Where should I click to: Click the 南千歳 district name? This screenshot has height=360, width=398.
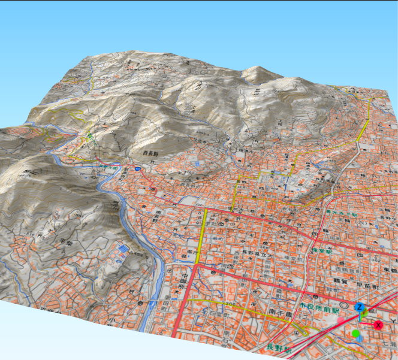tap(279, 314)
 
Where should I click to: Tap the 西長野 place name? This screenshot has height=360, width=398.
tap(153, 154)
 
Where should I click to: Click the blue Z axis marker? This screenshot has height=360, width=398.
tap(360, 308)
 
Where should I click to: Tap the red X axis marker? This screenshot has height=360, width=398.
tap(378, 325)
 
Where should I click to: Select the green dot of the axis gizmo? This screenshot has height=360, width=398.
tap(356, 333)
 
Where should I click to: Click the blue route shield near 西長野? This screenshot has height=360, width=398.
tap(138, 170)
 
